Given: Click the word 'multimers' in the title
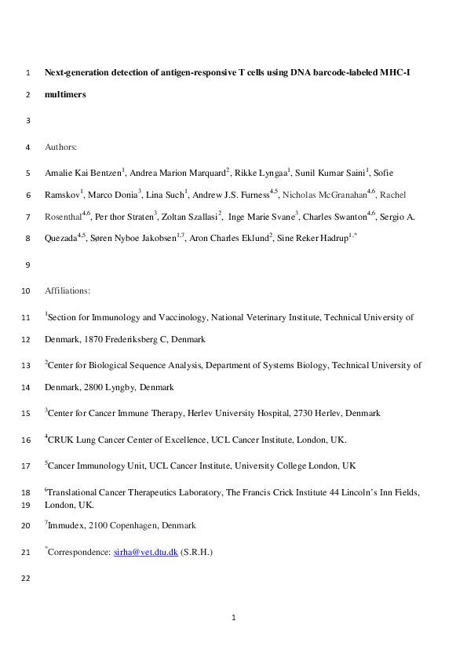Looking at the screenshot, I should (65, 95).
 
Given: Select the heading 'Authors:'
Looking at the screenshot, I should (61, 147).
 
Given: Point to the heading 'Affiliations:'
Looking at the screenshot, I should (67, 291).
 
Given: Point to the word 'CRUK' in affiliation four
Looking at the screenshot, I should (61, 440).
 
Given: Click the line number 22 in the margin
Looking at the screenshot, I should (28, 579).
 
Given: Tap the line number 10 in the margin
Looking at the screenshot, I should (28, 291).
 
